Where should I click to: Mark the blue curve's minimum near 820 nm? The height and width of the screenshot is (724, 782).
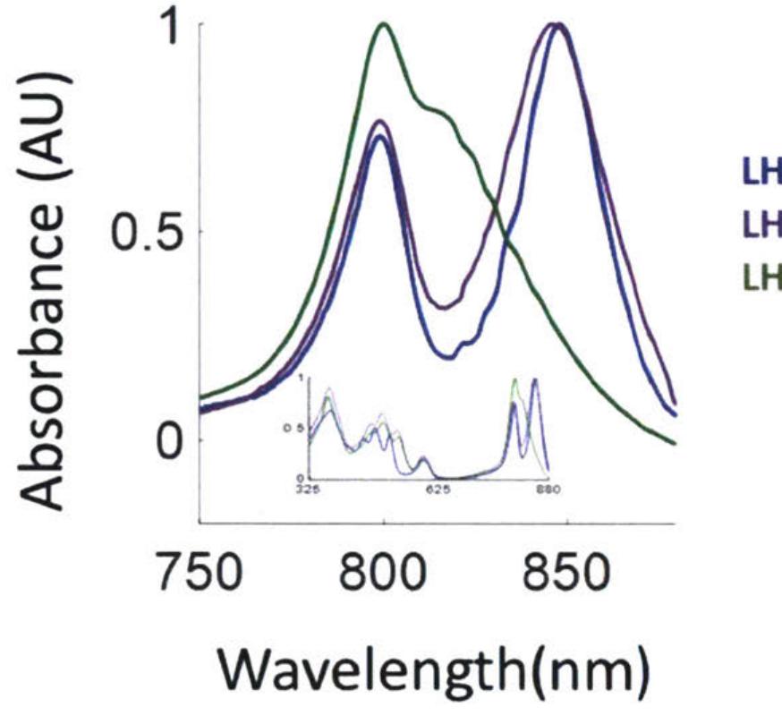coord(452,357)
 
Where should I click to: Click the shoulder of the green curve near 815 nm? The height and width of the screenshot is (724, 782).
coord(435,110)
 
